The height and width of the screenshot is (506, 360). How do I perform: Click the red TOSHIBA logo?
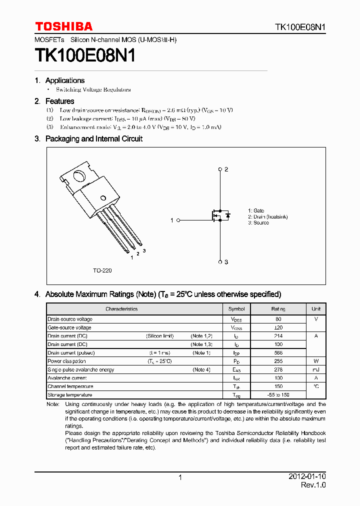pos(63,26)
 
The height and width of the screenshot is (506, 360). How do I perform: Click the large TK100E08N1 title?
pos(85,55)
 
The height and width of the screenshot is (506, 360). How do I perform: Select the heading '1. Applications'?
pos(59,80)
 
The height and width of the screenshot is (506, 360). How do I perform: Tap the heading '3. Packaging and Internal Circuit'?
pos(88,139)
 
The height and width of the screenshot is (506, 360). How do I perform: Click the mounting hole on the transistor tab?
pos(78,176)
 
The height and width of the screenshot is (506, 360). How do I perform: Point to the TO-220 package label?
pos(102,270)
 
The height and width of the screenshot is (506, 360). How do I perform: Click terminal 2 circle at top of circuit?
pos(220,169)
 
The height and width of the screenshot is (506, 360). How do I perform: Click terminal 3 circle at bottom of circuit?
pos(220,261)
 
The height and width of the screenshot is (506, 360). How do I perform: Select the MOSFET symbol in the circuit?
pos(220,215)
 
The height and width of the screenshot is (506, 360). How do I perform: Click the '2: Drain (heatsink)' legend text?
pos(267,217)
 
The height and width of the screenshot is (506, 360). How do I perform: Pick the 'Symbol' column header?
pos(236,309)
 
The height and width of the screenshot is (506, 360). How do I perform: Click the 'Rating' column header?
pos(278,309)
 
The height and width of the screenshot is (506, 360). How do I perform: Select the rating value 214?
pos(278,336)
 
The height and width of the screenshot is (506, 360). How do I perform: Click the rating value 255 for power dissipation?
pos(278,361)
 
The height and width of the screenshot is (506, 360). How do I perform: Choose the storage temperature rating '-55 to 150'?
pos(278,395)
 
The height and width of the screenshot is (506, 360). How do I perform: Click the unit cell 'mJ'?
pos(316,369)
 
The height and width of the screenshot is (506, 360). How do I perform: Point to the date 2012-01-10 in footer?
pos(307,476)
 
